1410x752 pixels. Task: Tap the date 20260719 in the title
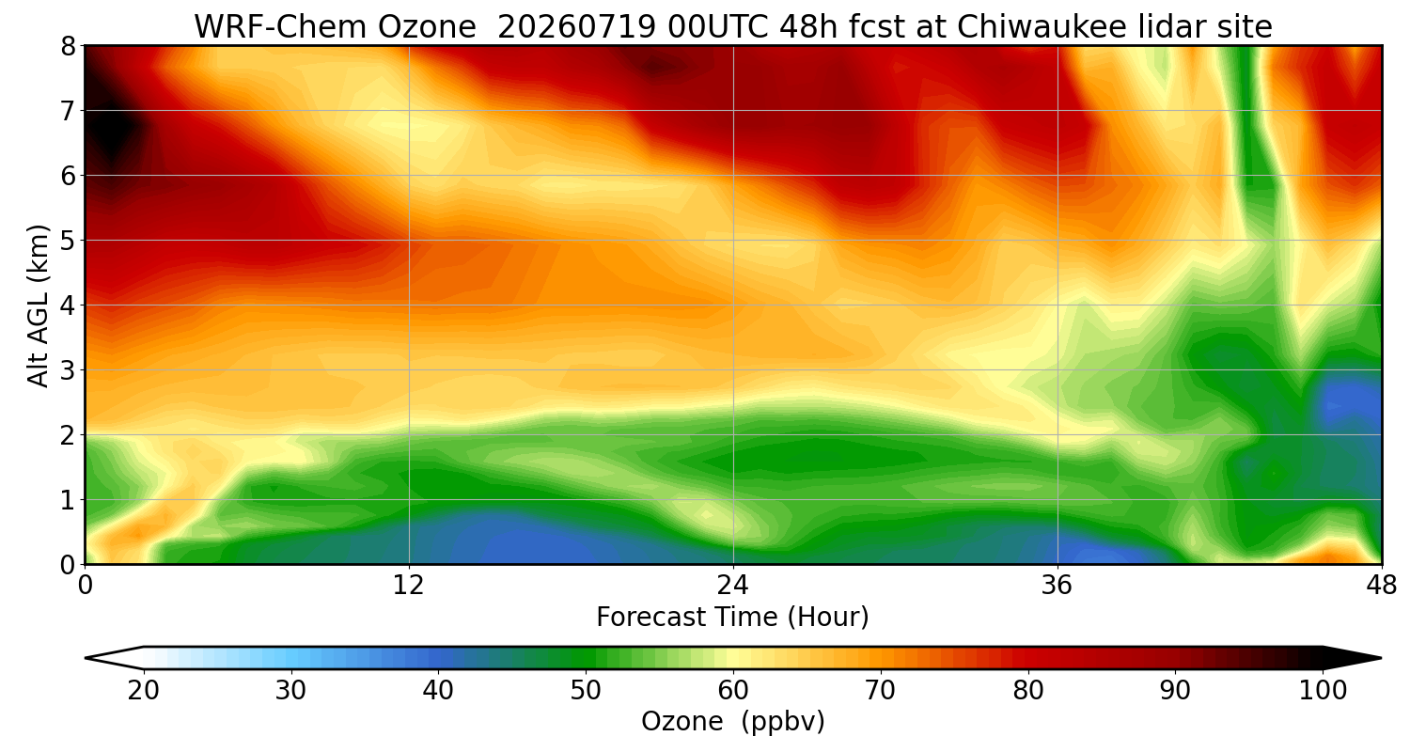[x=576, y=27]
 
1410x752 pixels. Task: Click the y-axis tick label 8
[x=68, y=47]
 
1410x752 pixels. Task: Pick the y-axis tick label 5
[x=68, y=241]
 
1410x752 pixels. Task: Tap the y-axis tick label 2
[x=68, y=435]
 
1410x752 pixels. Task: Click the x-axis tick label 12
[x=409, y=586]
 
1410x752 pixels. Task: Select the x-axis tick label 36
[x=1057, y=586]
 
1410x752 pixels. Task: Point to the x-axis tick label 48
[x=1382, y=586]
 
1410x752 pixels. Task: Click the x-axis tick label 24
[x=732, y=586]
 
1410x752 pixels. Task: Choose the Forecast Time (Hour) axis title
[x=732, y=618]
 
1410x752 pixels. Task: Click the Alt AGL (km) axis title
[x=38, y=305]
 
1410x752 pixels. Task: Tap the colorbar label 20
[x=144, y=691]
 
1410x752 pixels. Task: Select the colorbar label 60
[x=732, y=691]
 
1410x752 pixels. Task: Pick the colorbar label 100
[x=1323, y=691]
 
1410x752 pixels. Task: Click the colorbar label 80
[x=1028, y=691]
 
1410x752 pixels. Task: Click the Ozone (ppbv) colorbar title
[x=732, y=722]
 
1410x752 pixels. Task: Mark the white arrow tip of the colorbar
[x=86, y=658]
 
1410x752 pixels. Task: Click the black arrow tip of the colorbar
[x=1381, y=658]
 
